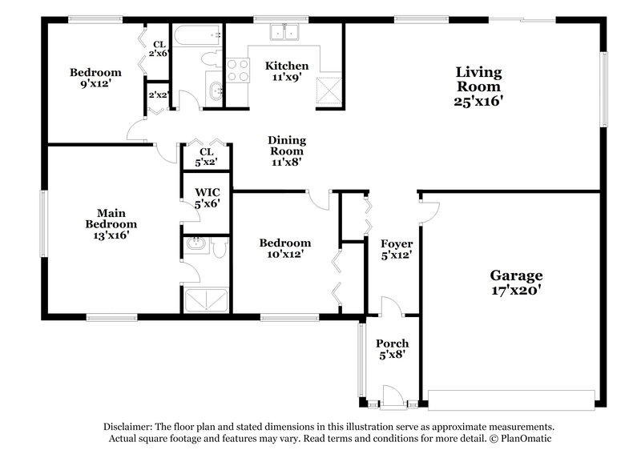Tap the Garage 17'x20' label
coord(517,283)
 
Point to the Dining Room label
coord(286,150)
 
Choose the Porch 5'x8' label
coord(393,349)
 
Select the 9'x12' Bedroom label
coord(95,77)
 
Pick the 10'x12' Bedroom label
coord(284,248)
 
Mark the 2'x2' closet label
coord(158,94)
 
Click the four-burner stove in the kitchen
coord(238,71)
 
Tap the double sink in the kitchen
coord(284,33)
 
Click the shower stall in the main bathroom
coord(206,299)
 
